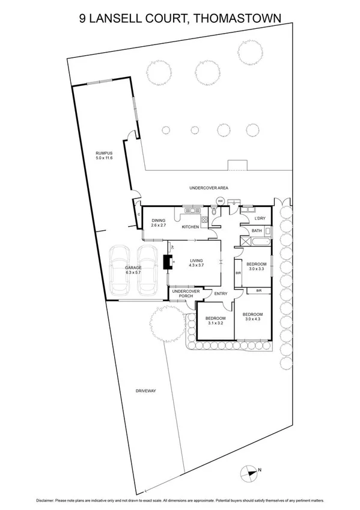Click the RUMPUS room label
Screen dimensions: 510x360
[x=104, y=154]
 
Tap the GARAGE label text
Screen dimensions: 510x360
[x=133, y=268]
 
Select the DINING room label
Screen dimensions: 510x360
[x=159, y=220]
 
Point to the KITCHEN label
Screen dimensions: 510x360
[x=191, y=227]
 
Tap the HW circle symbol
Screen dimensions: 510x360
[x=220, y=201]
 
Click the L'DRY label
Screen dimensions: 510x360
[x=260, y=218]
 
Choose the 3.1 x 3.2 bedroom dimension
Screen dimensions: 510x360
[x=215, y=323]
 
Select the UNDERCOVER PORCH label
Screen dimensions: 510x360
[x=181, y=294]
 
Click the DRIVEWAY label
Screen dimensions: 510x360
[x=146, y=391]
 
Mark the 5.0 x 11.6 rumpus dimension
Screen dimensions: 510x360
[x=104, y=158]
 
